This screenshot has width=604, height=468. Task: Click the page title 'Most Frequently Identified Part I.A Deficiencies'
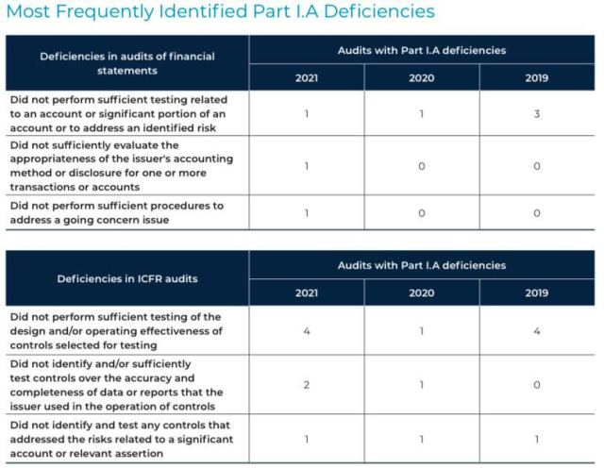[x=220, y=12]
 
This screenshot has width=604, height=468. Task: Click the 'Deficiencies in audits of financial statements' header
[x=127, y=63]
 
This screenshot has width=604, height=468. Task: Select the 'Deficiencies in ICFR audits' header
[x=127, y=278]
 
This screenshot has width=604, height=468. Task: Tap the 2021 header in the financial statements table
[x=307, y=77]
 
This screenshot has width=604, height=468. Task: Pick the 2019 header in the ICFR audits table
[x=536, y=292]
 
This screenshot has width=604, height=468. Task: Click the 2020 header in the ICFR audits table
[x=421, y=292]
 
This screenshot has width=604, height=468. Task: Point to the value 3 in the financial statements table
[x=536, y=114]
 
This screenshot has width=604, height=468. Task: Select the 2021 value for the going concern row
[x=307, y=212]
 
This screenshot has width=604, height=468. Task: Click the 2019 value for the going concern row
[x=536, y=212]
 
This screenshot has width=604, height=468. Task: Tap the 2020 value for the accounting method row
[x=421, y=166]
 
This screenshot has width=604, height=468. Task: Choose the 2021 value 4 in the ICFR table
[x=307, y=331]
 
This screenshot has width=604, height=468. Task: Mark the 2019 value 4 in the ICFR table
[x=536, y=331]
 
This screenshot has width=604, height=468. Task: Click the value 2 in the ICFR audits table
[x=307, y=385]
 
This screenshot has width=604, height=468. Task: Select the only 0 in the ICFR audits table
[x=536, y=385]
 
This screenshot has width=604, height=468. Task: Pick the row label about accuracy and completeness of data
[x=114, y=385]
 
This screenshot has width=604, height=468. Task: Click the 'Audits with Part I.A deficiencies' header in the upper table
[x=421, y=50]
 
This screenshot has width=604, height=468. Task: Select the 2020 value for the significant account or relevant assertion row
[x=421, y=440]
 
